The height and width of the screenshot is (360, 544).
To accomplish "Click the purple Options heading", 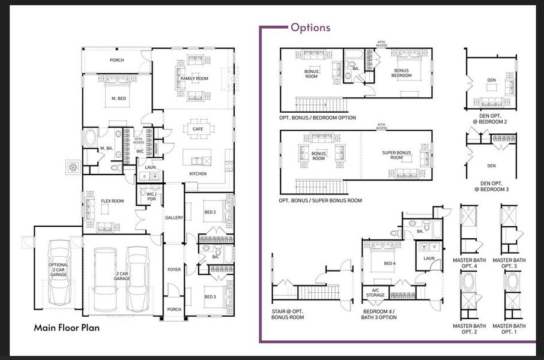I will coord(310,28).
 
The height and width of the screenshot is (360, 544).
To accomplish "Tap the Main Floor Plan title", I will coord(67,328).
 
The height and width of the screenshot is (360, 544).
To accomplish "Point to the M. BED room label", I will coord(118,98).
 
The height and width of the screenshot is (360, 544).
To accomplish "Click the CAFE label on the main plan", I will coord(198,129).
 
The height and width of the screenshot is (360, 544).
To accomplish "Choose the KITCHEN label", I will coord(198,174).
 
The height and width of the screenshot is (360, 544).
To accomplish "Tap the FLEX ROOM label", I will coord(112,201).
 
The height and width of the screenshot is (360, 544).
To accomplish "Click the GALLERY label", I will coord(174,218).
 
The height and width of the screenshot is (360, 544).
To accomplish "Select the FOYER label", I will coord(174,270).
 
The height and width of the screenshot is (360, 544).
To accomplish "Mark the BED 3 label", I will coord(210,296).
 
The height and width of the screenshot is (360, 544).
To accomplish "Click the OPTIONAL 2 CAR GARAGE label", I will coord(59,269).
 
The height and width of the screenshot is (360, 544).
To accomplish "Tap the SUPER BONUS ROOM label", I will coord(397,155).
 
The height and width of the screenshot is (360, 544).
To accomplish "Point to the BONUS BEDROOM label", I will coord(401,73).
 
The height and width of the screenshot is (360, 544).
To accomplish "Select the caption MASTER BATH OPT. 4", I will coord(468,263).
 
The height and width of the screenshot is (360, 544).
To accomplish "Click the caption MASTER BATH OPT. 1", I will coord(509,328).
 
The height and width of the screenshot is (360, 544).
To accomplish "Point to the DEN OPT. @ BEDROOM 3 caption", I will coord(491,186).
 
